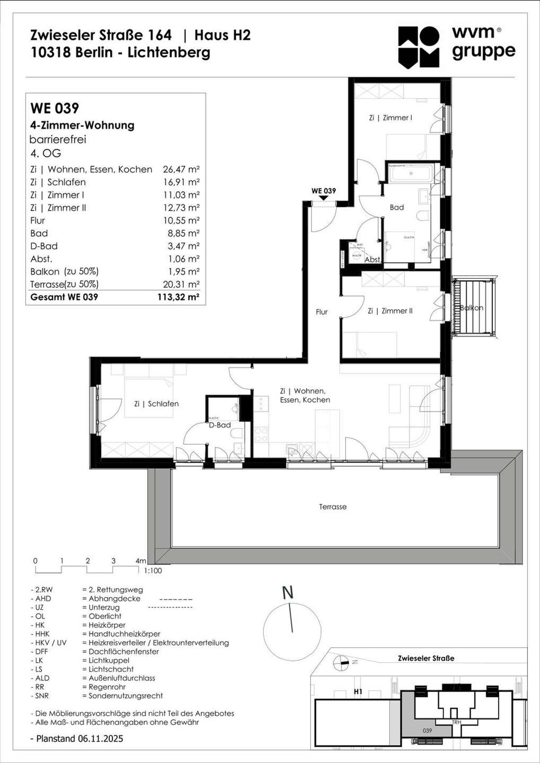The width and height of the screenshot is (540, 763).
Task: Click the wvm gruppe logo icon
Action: (x=418, y=47)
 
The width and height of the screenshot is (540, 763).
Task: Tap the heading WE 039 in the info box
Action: (x=54, y=108)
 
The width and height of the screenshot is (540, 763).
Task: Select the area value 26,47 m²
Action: (x=181, y=170)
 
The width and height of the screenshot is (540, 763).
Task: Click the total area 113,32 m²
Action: (x=178, y=297)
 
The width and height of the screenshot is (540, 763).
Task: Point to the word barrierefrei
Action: (x=58, y=139)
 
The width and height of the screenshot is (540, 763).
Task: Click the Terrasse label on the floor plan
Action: (x=333, y=507)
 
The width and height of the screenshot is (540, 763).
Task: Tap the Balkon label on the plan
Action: (x=471, y=308)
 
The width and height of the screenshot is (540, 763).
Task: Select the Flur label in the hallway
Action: (x=321, y=312)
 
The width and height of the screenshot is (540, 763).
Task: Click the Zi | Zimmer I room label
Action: (x=390, y=118)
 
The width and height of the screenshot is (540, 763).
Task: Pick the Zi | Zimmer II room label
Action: (x=390, y=311)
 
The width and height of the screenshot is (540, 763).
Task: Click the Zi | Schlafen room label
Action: (x=156, y=404)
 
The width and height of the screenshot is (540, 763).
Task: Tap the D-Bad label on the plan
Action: (x=220, y=425)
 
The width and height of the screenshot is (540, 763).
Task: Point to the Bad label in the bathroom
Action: (x=396, y=207)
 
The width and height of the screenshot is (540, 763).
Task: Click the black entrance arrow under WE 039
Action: (x=324, y=198)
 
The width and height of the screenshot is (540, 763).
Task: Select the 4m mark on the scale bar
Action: (x=140, y=561)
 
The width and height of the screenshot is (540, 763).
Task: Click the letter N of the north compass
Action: (x=288, y=593)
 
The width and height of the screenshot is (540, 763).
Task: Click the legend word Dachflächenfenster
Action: (x=124, y=651)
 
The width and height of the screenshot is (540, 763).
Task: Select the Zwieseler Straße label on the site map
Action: (x=426, y=658)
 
